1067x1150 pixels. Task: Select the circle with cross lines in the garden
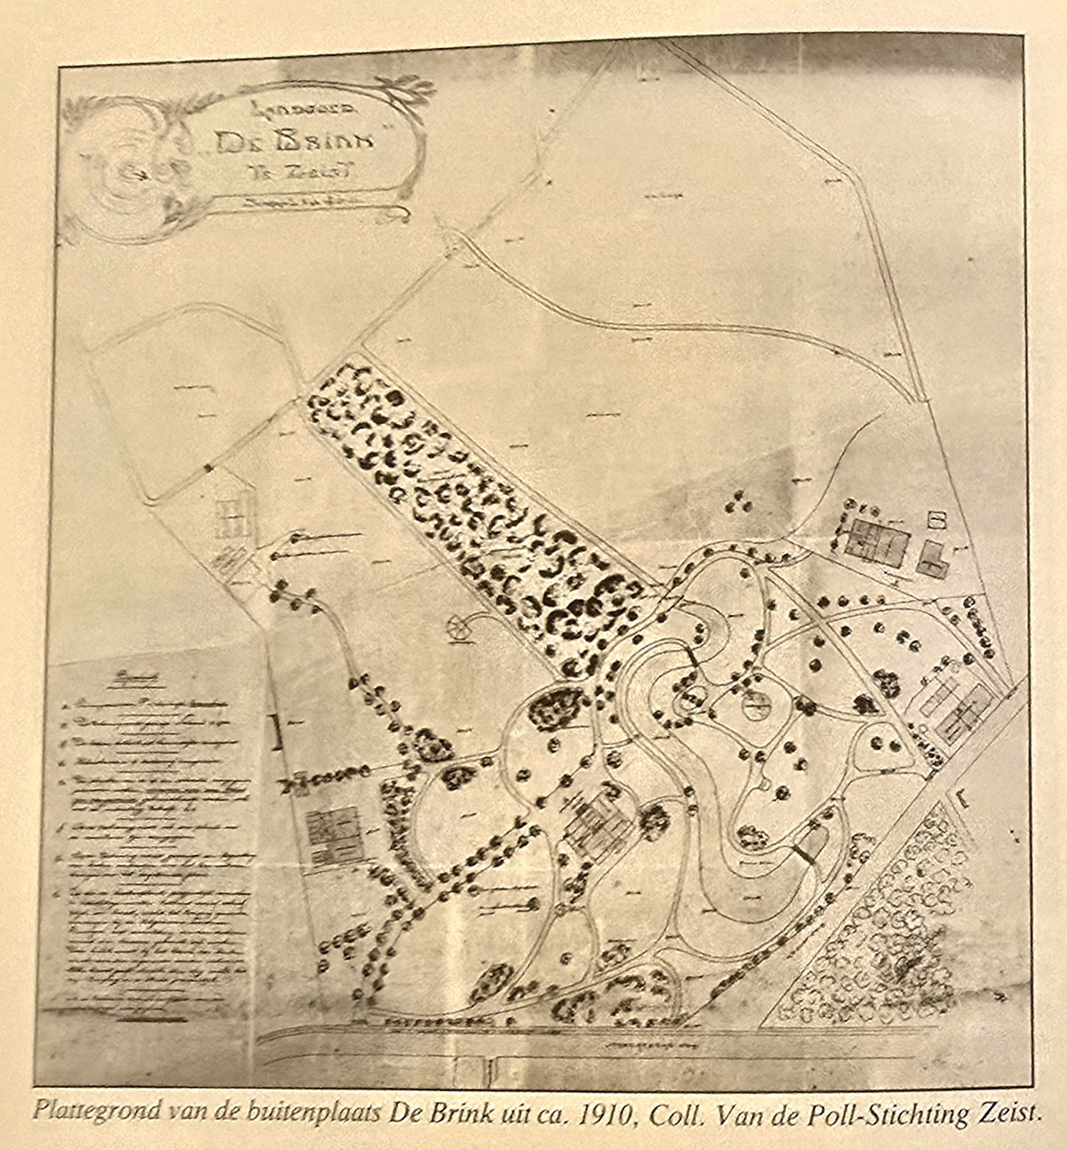[x=755, y=708]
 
